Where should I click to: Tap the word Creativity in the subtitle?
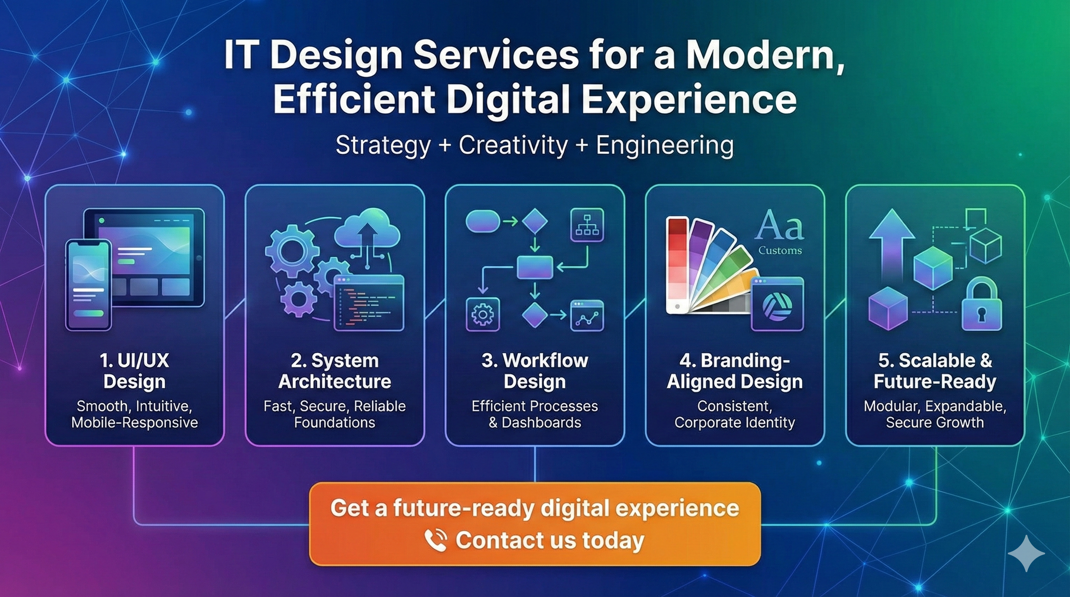point(513,145)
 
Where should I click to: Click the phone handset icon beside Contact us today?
point(436,540)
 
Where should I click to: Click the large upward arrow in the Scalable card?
point(892,245)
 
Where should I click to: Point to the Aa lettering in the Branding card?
point(779,226)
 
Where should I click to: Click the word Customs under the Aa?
point(780,250)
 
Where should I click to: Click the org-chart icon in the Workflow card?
point(587,225)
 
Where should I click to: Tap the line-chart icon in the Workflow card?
point(587,316)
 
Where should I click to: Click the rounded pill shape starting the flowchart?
point(483,221)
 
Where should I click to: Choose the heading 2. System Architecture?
point(334,371)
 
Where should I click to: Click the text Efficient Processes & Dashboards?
point(535,414)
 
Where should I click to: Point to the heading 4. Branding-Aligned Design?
point(734,371)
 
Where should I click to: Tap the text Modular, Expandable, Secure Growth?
point(935,414)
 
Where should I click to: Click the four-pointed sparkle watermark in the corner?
point(1026,553)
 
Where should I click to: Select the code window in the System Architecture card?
point(369,303)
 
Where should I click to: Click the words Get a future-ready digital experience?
point(535,508)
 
